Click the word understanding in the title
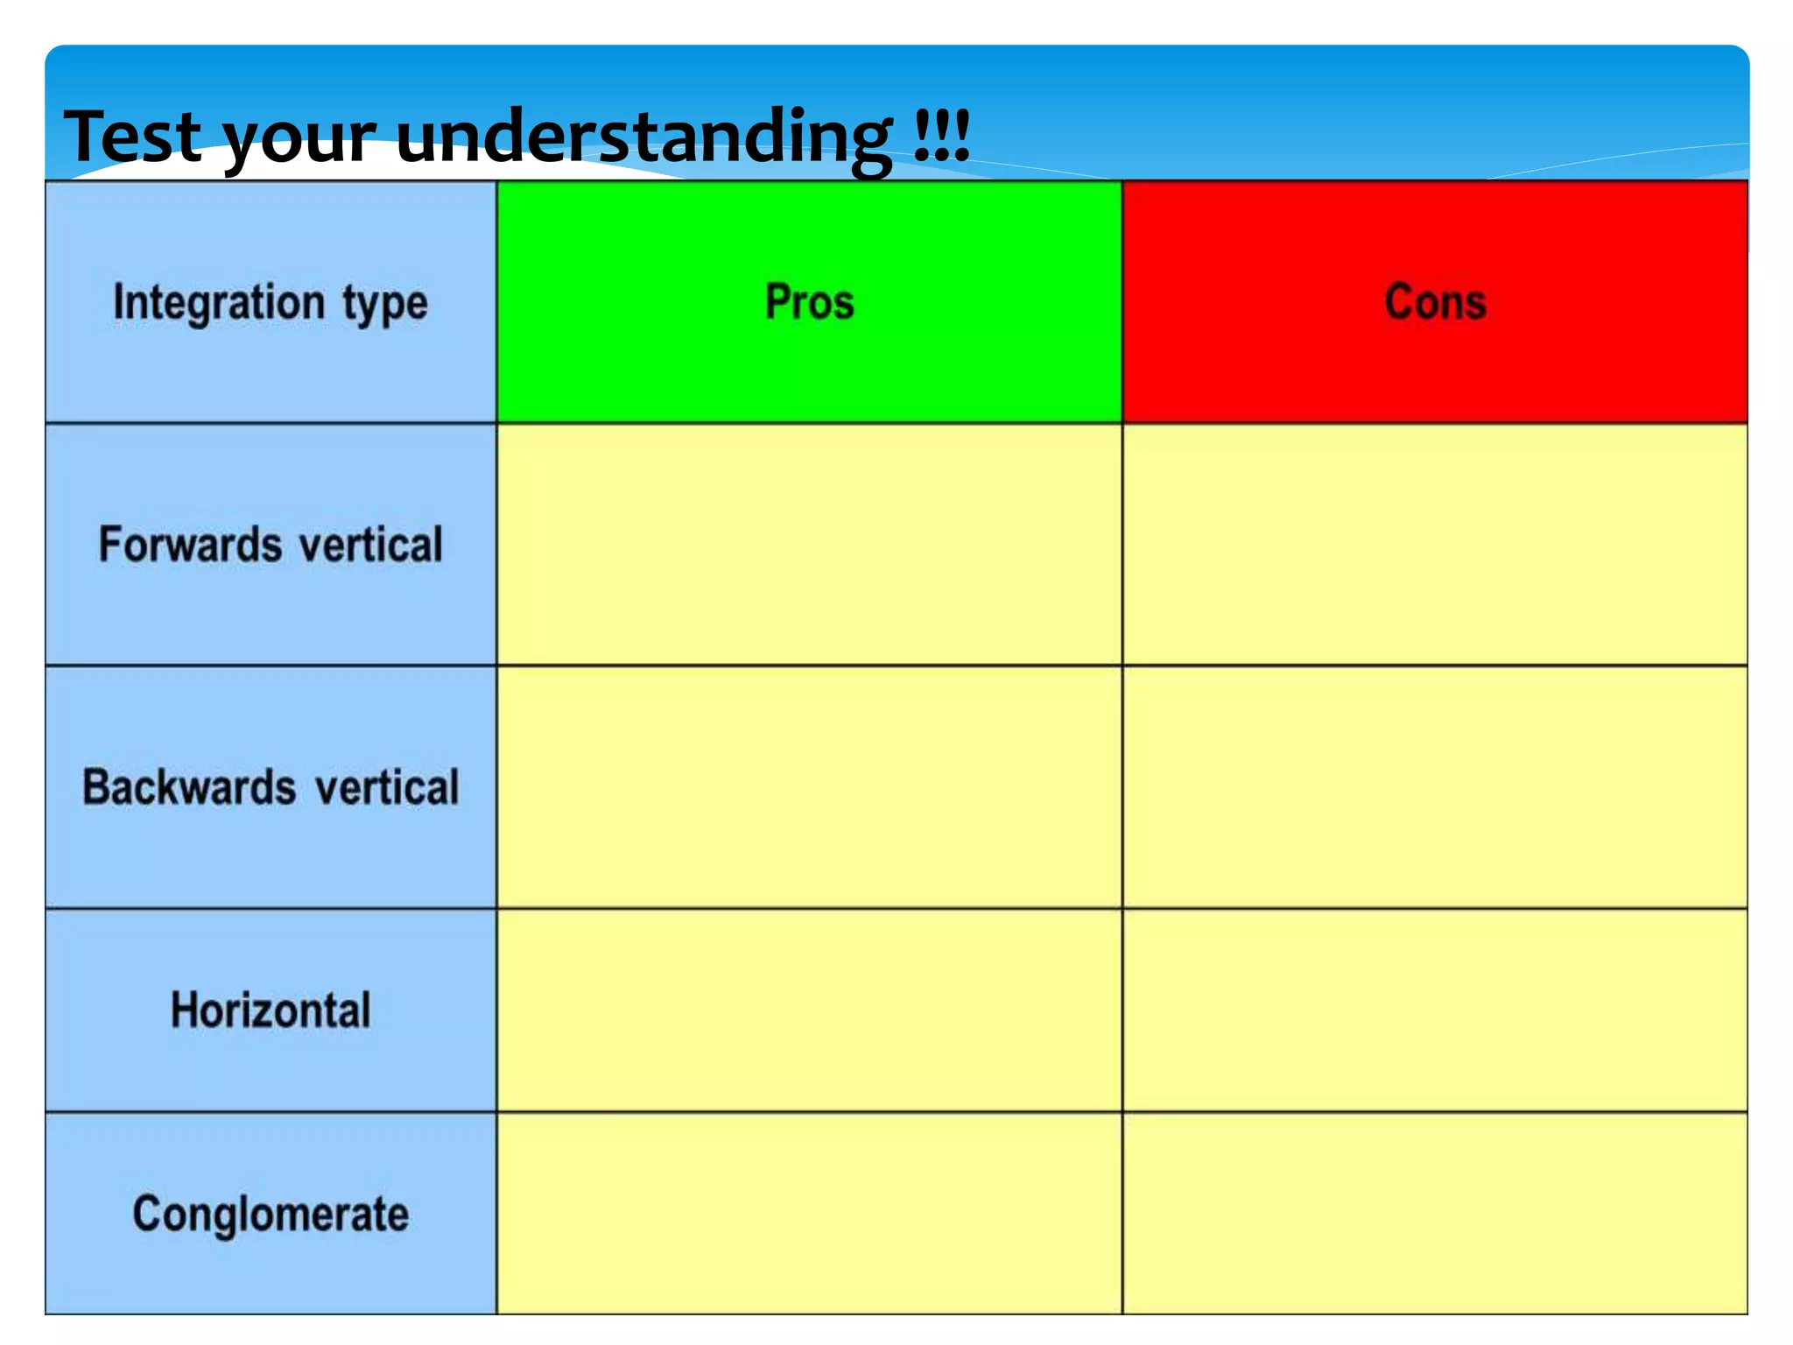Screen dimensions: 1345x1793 (644, 138)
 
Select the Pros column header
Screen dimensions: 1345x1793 (809, 302)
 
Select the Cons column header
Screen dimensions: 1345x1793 (1435, 302)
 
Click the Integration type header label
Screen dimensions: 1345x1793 (271, 303)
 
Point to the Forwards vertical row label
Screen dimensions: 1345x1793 (271, 545)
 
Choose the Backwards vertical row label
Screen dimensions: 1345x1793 (271, 787)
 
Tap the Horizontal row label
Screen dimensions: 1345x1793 (271, 1011)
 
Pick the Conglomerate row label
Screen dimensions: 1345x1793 (271, 1215)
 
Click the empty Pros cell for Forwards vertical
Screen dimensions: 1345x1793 (809, 545)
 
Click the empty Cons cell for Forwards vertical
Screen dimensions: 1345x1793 (1435, 545)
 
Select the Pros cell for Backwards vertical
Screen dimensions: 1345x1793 (809, 787)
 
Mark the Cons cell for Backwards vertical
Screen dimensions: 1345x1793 (1435, 787)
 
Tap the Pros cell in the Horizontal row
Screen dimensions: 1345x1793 (809, 1011)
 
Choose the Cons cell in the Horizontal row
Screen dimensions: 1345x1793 (1435, 1011)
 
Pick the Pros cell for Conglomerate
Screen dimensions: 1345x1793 (809, 1215)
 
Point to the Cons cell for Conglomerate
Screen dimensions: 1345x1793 (1435, 1215)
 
